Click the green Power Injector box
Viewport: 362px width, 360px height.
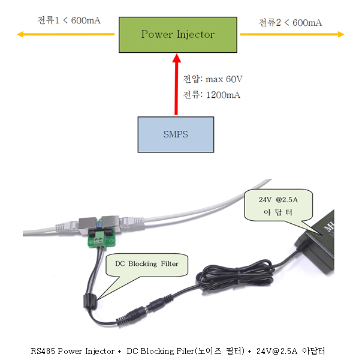point(177,34)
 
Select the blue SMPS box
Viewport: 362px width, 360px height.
point(174,134)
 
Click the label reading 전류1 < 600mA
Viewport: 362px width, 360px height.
point(69,20)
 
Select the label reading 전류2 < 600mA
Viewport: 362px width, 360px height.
point(290,22)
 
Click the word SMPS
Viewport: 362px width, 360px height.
point(174,134)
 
